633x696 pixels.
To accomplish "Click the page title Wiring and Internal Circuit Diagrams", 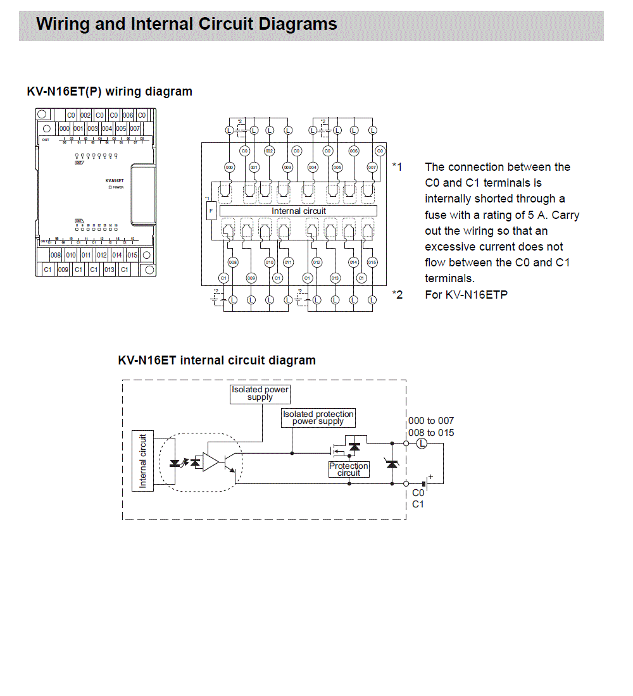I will (187, 25).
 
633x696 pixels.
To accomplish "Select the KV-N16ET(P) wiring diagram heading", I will (110, 92).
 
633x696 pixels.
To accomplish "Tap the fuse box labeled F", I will (212, 210).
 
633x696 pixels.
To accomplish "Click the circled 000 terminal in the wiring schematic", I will (229, 167).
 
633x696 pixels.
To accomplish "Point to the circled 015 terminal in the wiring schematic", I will (372, 262).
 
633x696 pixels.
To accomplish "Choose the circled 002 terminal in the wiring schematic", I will (269, 151).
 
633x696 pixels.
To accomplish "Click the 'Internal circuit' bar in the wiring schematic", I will (298, 211).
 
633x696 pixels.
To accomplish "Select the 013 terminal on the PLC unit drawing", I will (109, 270).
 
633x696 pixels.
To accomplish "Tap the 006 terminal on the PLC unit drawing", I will (128, 115).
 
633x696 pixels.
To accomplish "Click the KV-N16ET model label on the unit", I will (115, 181).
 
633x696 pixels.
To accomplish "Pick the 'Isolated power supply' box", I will (260, 394).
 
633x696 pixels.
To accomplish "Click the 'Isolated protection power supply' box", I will (318, 418).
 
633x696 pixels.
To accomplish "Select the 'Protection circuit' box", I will (348, 469).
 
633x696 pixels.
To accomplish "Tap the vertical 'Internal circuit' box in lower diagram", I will (142, 461).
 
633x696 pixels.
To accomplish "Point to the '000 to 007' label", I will (431, 421).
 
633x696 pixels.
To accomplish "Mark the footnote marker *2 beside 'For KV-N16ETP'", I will (397, 294).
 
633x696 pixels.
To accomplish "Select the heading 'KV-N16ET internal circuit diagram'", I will (216, 361).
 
